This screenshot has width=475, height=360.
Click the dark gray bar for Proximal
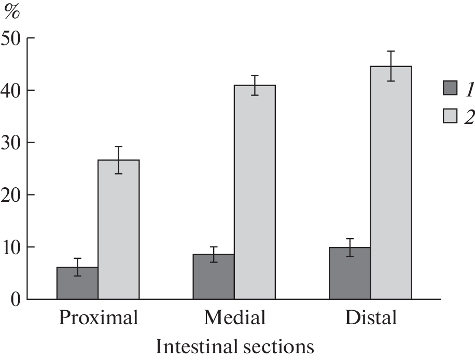[77, 283]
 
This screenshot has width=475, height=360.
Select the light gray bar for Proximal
[118, 229]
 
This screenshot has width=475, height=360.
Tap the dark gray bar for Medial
[214, 276]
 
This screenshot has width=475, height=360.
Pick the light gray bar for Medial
[255, 192]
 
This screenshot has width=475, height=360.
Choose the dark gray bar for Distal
[350, 273]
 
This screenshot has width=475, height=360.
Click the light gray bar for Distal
[391, 183]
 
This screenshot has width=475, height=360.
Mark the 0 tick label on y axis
[18, 299]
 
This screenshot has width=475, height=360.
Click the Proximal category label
[99, 317]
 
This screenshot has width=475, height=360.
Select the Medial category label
[234, 317]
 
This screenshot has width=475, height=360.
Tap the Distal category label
[371, 317]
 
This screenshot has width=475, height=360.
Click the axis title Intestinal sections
[234, 346]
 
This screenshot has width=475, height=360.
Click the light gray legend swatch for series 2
[451, 116]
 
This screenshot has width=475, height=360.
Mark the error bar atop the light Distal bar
[391, 66]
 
